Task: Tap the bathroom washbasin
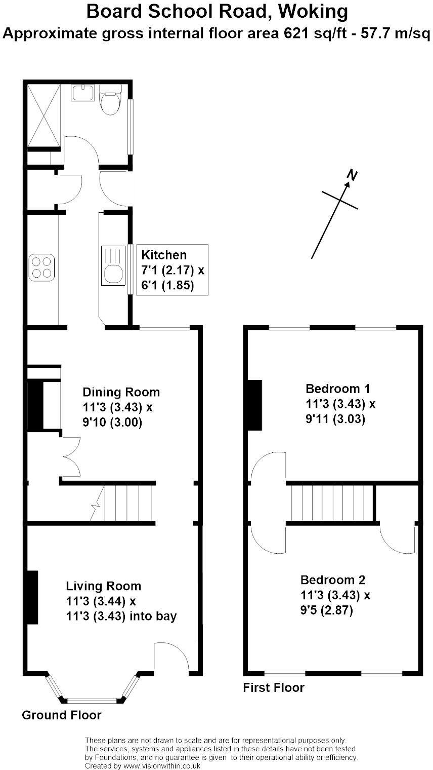pyautogui.click(x=83, y=93)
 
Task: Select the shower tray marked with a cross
pyautogui.click(x=43, y=115)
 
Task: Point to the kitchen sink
pyautogui.click(x=112, y=265)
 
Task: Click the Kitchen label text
pyautogui.click(x=164, y=255)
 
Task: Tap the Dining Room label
pyautogui.click(x=121, y=392)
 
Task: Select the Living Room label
pyautogui.click(x=104, y=586)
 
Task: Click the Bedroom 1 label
pyautogui.click(x=337, y=389)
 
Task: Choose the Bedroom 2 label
pyautogui.click(x=332, y=580)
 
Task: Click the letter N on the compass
pyautogui.click(x=352, y=175)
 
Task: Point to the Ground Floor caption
pyautogui.click(x=61, y=715)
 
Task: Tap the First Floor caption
pyautogui.click(x=274, y=688)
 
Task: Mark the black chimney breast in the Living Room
pyautogui.click(x=32, y=597)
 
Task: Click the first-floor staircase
pyautogui.click(x=331, y=503)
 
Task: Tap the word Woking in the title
pyautogui.click(x=314, y=11)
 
